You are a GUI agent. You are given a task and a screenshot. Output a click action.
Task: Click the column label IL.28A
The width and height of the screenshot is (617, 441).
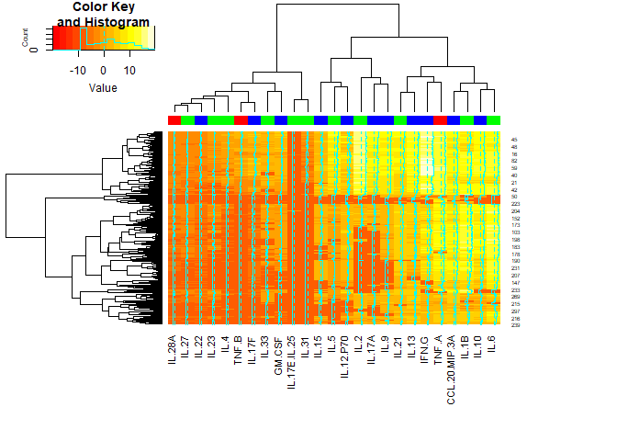click(173, 349)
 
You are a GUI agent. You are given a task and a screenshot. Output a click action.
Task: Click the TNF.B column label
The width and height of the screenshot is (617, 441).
click(239, 350)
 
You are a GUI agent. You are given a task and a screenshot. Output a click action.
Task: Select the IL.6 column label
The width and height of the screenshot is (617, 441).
click(491, 344)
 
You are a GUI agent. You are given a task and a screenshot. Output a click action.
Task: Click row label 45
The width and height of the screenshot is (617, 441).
click(514, 140)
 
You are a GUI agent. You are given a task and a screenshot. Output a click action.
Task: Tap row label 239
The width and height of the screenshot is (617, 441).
click(515, 325)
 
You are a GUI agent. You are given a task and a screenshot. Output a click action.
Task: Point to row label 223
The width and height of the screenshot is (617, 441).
click(515, 203)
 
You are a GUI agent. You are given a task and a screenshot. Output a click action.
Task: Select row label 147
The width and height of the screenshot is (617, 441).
click(515, 282)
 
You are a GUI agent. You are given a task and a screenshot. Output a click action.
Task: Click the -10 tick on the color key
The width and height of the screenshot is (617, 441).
click(77, 70)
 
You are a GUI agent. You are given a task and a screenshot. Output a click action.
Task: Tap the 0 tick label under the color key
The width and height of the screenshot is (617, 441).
click(104, 70)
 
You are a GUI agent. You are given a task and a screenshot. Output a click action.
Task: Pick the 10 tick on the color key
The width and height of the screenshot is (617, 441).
click(130, 70)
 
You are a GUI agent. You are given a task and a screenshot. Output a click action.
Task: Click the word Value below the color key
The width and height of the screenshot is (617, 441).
click(103, 88)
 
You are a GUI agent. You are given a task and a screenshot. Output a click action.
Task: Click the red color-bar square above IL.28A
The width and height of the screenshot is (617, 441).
click(174, 120)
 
